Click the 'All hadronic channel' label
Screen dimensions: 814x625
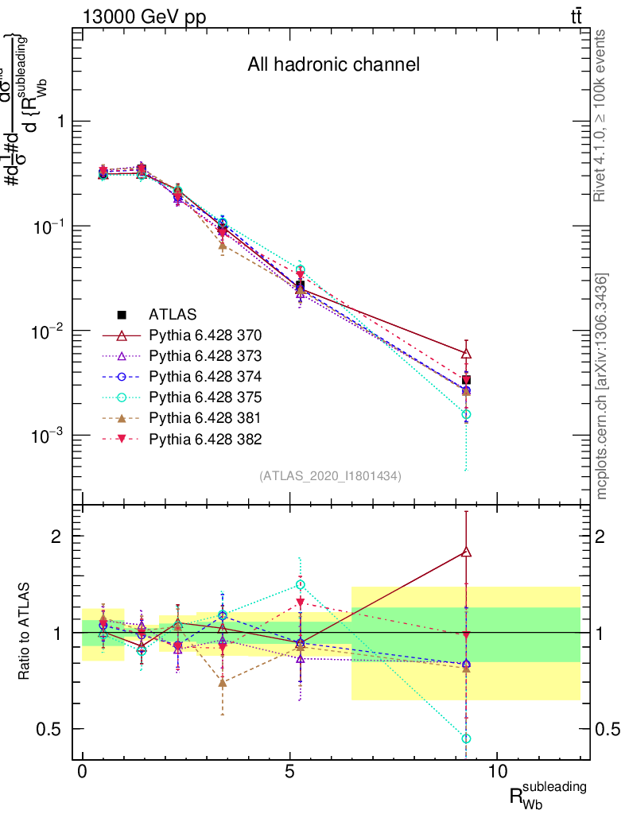pos(333,64)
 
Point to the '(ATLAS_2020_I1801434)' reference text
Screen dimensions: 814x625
pos(330,476)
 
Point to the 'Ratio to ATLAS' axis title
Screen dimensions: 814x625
pos(25,632)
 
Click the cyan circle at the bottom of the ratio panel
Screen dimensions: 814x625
pos(466,738)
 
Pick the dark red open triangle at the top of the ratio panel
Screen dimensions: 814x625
pos(466,552)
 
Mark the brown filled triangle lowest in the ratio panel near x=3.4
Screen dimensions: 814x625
pos(223,682)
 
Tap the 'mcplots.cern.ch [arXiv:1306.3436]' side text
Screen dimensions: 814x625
pos(602,386)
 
